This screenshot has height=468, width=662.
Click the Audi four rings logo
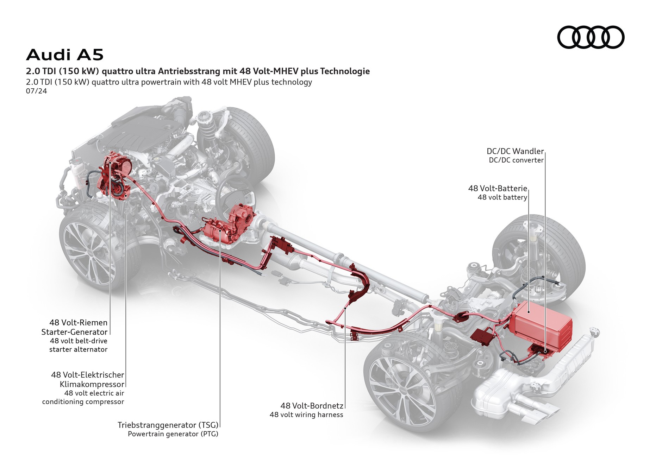pos(591,37)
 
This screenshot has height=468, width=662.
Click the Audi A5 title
pos(65,55)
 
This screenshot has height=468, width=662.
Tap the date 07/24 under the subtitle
pos(36,91)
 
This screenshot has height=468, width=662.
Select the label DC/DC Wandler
pos(515,151)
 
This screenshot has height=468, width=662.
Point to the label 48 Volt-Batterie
pos(497,188)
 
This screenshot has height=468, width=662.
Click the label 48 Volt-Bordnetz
pos(312,406)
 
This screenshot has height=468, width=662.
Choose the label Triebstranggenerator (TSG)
pos(168,425)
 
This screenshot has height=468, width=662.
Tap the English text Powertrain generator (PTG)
pos(173,434)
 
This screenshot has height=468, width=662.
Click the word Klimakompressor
pos(92,384)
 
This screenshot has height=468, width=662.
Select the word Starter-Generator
pos(74,332)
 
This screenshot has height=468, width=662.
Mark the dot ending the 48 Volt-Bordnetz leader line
pos(345,308)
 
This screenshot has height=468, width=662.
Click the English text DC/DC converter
pos(516,160)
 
